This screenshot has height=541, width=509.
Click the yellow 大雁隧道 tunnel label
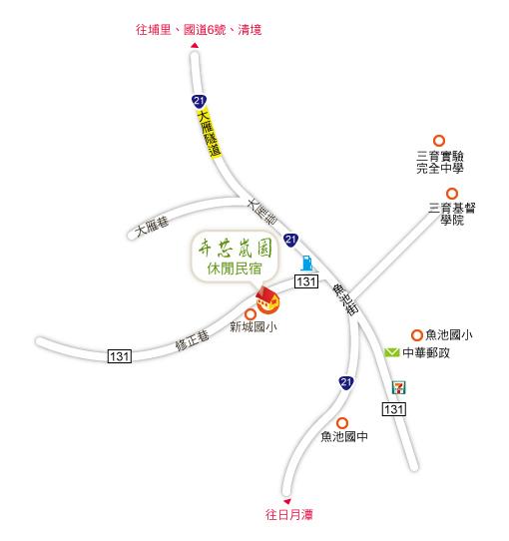coord(210,134)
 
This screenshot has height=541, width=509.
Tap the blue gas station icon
coord(306,263)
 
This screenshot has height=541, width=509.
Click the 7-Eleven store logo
coord(399,387)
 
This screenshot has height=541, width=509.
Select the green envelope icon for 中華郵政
coord(391,352)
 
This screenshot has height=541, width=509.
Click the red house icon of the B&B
coord(267,300)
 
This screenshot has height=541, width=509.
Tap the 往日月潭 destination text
coord(289,514)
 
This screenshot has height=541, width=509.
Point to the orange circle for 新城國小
coord(251,314)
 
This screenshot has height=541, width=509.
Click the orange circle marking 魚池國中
coord(342,422)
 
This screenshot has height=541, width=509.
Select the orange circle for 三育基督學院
coord(452,194)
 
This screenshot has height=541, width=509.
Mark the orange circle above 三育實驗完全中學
coord(439,141)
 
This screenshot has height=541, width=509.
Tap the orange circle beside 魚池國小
coord(417,335)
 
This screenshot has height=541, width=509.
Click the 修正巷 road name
coord(193,340)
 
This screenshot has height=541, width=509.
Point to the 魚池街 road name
coord(345,299)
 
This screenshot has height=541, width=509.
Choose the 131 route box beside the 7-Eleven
coord(394,409)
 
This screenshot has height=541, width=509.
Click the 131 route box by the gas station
coord(306,281)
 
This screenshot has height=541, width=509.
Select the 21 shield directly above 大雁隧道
coord(199,101)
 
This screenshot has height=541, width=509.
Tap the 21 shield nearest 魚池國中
coord(345,382)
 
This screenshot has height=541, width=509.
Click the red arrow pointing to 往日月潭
coord(287,501)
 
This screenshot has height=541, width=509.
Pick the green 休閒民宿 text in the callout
coord(235,269)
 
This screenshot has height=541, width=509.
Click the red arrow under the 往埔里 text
coord(195,45)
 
